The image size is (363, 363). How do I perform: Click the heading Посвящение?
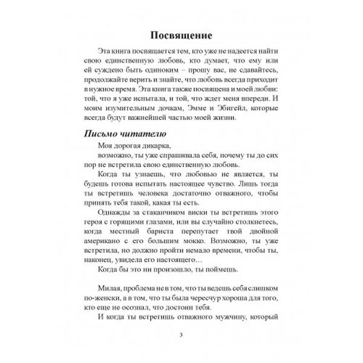pos(181,33)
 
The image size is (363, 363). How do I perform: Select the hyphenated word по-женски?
pos(99,315)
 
